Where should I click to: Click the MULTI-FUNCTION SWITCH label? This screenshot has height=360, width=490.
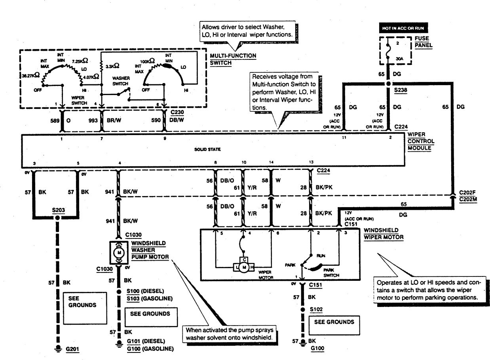pyautogui.click(x=233, y=59)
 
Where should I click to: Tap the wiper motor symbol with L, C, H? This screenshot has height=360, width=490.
pyautogui.click(x=245, y=267)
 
